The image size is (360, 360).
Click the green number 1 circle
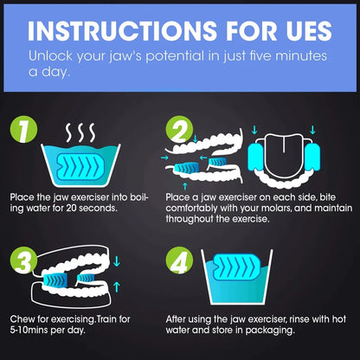[24, 129]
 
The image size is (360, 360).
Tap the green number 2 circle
[179, 129]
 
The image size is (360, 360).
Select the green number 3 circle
[24, 260]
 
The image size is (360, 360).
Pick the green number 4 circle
[179, 260]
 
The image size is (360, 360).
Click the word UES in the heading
[309, 30]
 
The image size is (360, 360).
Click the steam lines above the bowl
[80, 132]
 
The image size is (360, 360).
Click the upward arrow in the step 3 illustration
[117, 286]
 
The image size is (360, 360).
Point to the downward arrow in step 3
[117, 261]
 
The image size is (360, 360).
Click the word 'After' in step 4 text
[176, 319]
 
